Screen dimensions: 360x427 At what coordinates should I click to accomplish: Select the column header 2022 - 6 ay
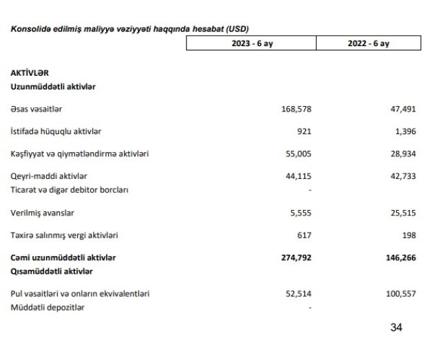coord(368,43)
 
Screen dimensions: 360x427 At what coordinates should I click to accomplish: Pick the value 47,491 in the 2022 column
coord(403,109)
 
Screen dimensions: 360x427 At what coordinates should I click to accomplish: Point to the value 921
coord(304,131)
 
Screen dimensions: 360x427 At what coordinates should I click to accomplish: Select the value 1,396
coord(404,131)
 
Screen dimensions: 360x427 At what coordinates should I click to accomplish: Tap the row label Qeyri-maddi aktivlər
coord(49,176)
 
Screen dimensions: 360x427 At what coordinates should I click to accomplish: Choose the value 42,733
coord(403,176)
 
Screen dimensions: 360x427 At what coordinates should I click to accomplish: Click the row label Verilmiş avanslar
coord(43,213)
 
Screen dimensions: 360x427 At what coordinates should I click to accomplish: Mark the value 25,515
coord(403,213)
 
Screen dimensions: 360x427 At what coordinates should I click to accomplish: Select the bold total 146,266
coord(401,257)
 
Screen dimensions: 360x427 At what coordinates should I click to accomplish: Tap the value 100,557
coord(401,294)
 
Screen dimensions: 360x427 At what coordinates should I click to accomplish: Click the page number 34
coord(396,328)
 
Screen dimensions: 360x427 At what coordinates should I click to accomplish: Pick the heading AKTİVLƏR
coord(30,72)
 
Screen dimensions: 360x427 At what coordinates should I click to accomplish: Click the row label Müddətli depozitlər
coord(48,307)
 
